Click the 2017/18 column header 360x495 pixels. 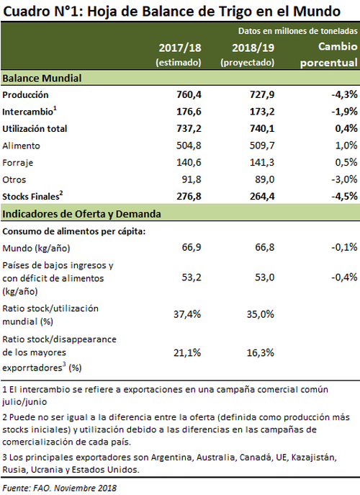[x=179, y=48]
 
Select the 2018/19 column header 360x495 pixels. [x=253, y=48]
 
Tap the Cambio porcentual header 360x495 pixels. [x=329, y=54]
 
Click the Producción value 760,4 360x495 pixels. [x=189, y=94]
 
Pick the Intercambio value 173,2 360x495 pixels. [x=262, y=112]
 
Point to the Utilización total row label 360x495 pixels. [x=35, y=129]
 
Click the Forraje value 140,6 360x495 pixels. [x=189, y=162]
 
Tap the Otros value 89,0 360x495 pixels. [x=265, y=179]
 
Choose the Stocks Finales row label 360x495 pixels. [x=32, y=196]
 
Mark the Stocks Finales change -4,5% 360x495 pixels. [x=344, y=197]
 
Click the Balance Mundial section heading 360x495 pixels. [x=42, y=79]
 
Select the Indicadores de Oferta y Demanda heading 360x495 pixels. [x=81, y=214]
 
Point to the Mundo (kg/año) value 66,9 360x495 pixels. [x=192, y=247]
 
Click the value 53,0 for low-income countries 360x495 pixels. [x=265, y=277]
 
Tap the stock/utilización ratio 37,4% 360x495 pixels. [x=187, y=314]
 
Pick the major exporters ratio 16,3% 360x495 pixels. [x=261, y=352]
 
